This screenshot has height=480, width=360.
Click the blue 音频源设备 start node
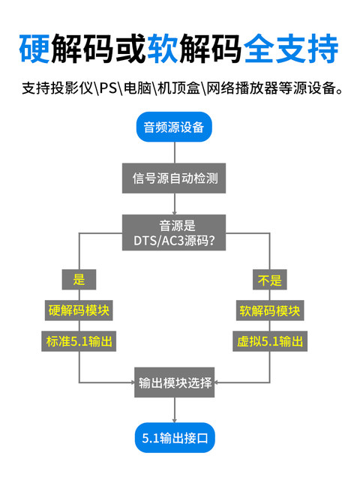(174, 127)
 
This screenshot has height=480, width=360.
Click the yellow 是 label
(79, 280)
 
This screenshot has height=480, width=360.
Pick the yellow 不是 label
(269, 280)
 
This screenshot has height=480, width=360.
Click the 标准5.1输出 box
(79, 341)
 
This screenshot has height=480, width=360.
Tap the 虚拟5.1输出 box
(269, 341)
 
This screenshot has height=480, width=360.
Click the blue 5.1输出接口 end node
(174, 436)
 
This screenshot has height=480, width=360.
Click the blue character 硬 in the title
(35, 48)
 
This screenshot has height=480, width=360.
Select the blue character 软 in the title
(163, 48)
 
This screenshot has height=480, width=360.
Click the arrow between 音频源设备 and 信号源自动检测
(174, 152)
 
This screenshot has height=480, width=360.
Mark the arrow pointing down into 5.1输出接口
(174, 410)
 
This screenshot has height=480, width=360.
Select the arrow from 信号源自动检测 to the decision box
(174, 204)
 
